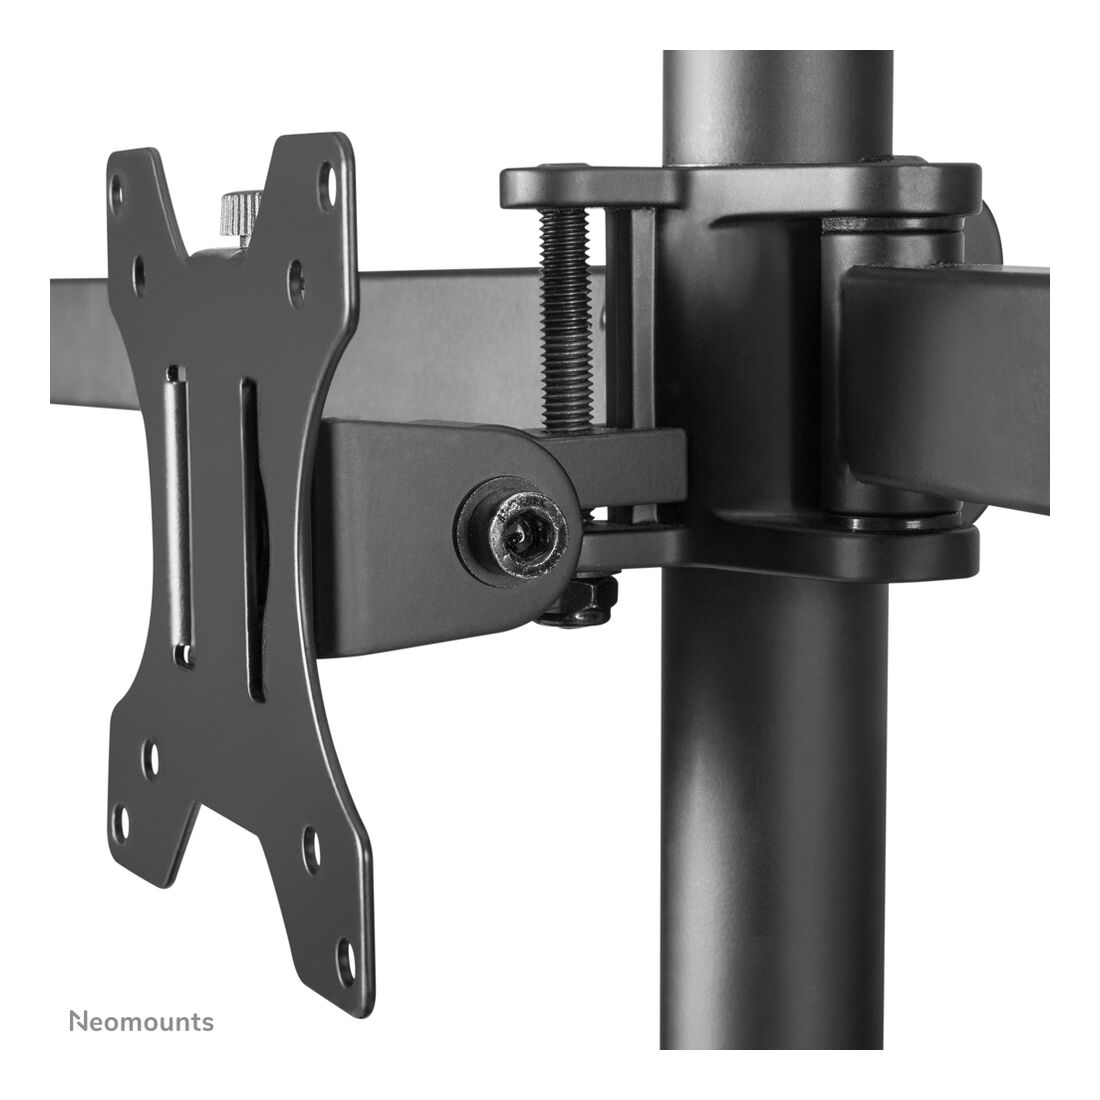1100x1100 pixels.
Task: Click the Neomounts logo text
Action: coord(141,1021)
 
